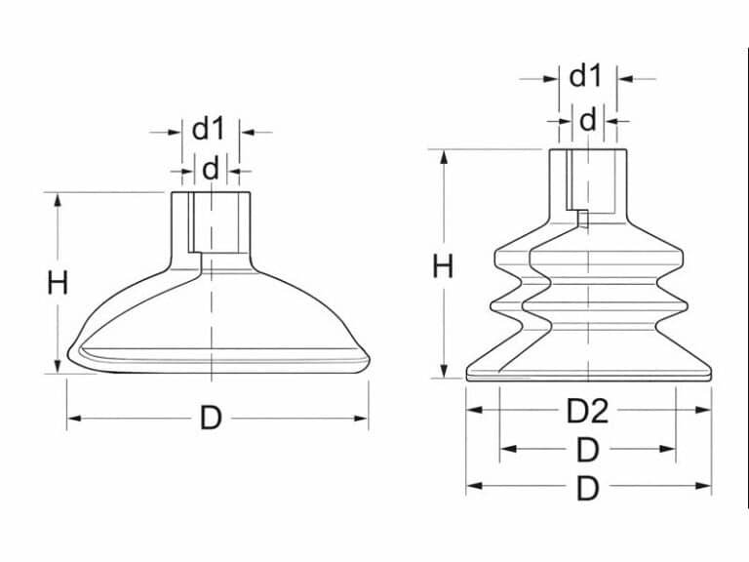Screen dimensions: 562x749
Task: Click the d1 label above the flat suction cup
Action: click(208, 128)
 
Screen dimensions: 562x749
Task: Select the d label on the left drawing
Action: click(211, 170)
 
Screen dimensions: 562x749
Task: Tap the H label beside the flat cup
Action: click(58, 283)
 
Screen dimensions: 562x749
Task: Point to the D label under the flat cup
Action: click(211, 419)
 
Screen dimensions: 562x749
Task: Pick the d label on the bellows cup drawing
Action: click(587, 121)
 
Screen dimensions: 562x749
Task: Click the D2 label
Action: click(587, 411)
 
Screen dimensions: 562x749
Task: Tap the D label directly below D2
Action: click(587, 450)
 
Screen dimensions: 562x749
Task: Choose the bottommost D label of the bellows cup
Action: click(587, 488)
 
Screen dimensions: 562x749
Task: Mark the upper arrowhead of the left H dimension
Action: click(58, 199)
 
